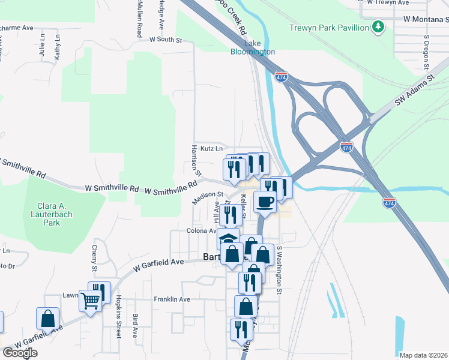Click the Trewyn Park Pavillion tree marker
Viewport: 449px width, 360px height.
378,28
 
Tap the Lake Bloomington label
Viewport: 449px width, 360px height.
253,48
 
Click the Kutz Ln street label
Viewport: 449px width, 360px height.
211,148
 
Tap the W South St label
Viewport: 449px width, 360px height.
165,40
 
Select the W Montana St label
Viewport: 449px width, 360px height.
427,19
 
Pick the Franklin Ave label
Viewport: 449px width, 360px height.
172,299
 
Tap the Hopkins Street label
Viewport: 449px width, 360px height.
119,316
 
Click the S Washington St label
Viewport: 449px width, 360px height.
279,270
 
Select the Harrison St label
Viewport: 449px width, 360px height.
194,157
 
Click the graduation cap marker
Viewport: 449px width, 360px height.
228,236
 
